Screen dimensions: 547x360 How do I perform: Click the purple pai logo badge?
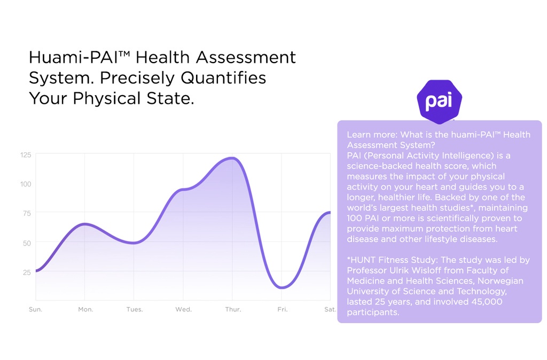tap(439, 101)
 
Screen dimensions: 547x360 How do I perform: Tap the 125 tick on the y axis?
tap(26, 155)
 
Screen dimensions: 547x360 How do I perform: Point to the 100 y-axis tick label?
tap(26, 184)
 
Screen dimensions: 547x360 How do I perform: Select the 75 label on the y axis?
tap(27, 214)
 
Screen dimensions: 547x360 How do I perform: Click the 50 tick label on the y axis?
tap(27, 243)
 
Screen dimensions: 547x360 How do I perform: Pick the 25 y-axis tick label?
tap(27, 272)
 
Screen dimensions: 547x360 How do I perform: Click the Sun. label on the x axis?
tap(36, 309)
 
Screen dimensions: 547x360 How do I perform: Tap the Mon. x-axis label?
tap(85, 309)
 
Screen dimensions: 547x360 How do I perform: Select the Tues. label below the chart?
tap(135, 309)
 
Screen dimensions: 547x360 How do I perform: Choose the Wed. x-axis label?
tap(184, 309)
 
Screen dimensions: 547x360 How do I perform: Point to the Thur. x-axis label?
tap(233, 309)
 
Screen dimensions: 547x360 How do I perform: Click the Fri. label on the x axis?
tap(283, 309)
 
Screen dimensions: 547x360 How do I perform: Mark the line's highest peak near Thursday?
tap(232, 158)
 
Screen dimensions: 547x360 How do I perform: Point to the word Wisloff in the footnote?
tap(428, 270)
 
